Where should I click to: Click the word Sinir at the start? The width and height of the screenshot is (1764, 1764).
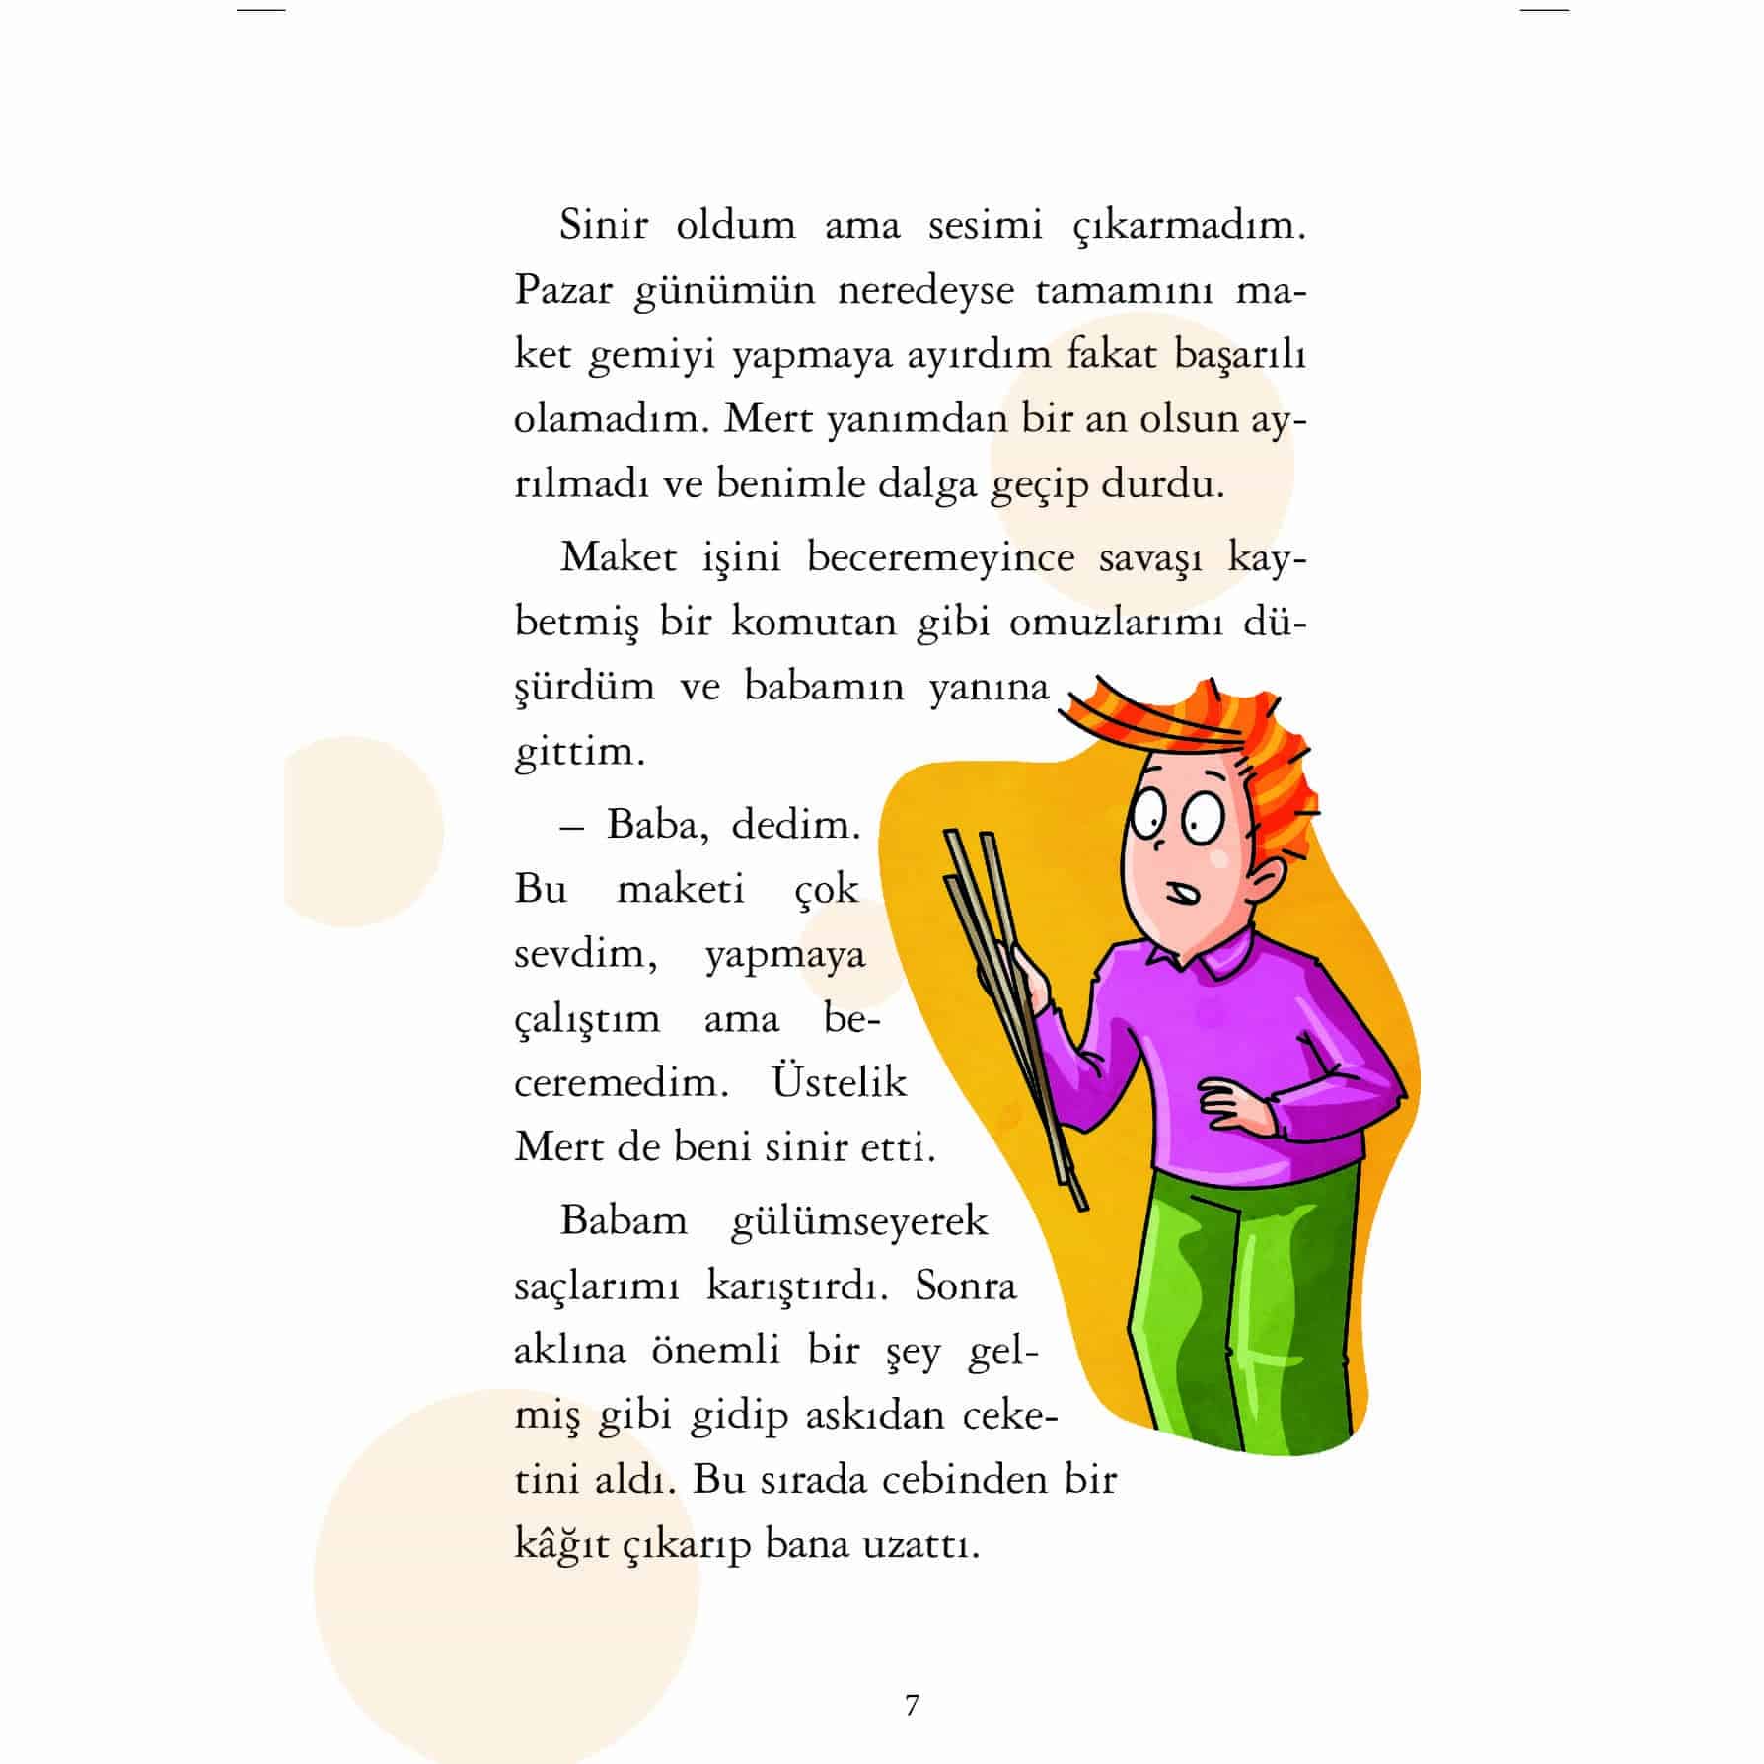[603, 225]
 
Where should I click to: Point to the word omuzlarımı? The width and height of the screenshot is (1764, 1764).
[1115, 623]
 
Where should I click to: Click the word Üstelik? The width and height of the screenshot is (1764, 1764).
[839, 1082]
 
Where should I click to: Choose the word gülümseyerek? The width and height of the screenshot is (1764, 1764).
[858, 1221]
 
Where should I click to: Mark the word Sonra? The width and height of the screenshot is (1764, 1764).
[965, 1286]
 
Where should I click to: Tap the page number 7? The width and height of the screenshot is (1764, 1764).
[912, 1705]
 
